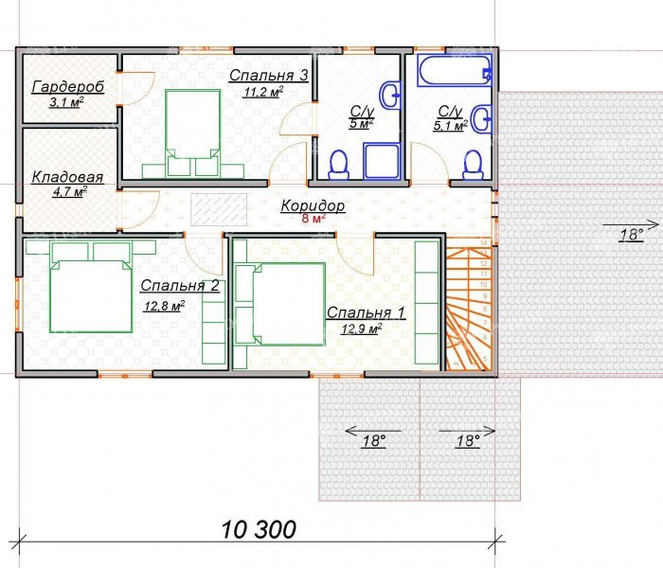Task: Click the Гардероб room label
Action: click(68, 87)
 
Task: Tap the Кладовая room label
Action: click(67, 178)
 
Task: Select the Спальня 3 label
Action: click(268, 76)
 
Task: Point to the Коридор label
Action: click(313, 205)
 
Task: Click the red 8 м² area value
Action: click(314, 219)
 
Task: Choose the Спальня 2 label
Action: click(180, 285)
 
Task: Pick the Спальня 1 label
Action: click(367, 312)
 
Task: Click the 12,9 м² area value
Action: click(362, 328)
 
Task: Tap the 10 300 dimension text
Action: click(259, 529)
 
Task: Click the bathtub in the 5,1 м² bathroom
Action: click(455, 70)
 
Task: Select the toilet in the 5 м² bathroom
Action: click(339, 165)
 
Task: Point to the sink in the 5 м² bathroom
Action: click(390, 96)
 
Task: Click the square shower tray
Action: click(382, 162)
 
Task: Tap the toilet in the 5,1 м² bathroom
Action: click(473, 166)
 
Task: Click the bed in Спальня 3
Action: click(193, 133)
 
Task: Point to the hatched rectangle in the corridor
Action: click(219, 209)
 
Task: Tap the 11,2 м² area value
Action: click(262, 92)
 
